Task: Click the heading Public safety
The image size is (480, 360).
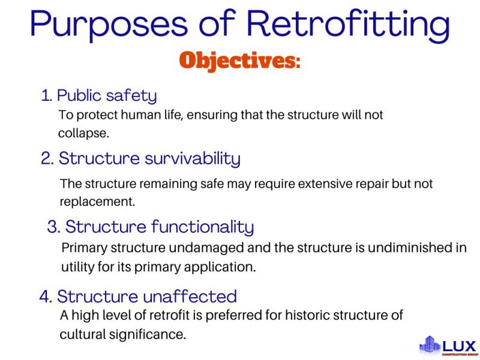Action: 107,95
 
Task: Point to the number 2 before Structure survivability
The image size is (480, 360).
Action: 46,158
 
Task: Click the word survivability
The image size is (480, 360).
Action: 193,158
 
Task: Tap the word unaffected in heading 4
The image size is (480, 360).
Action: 190,296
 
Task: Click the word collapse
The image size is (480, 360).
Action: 83,133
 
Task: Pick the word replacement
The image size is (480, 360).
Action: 97,202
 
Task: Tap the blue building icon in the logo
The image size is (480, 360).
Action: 430,344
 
